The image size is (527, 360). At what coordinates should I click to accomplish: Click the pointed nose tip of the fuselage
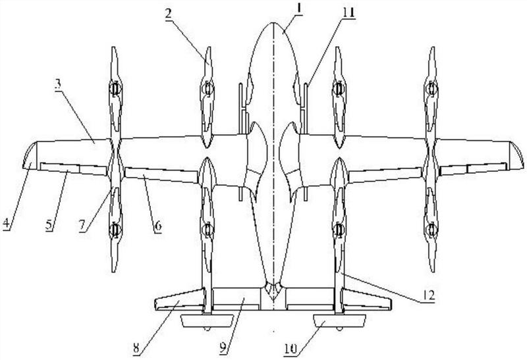272,23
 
